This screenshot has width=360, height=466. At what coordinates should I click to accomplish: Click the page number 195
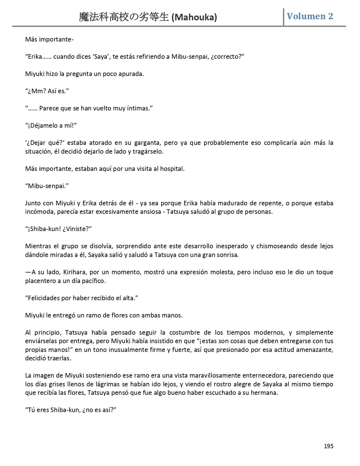tap(328, 446)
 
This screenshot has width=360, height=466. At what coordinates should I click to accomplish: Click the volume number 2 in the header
tap(330, 16)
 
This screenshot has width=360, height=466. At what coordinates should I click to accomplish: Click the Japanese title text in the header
tap(124, 18)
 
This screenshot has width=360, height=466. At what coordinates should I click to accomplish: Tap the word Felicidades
tap(44, 298)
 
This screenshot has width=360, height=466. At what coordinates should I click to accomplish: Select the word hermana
tap(266, 393)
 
